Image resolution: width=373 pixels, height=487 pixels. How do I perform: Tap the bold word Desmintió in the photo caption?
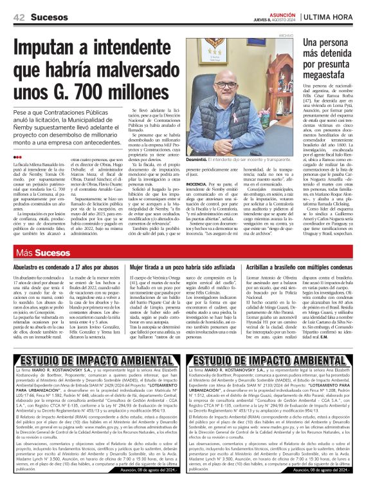pos(199,159)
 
